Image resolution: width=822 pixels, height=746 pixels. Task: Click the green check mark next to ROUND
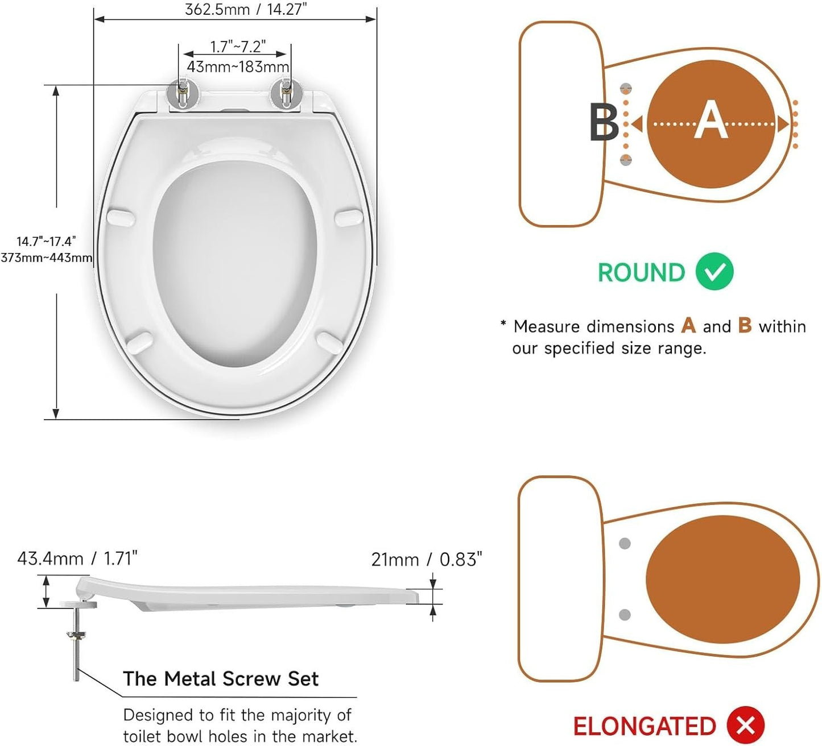[x=714, y=272]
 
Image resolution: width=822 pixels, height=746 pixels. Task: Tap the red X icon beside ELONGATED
[x=746, y=726]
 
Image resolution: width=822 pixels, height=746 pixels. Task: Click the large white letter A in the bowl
[x=711, y=121]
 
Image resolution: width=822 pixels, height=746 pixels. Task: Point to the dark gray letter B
[x=604, y=122]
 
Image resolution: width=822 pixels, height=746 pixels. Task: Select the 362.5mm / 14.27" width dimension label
[x=246, y=10]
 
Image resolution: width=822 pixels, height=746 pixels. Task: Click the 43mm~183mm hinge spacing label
[x=238, y=67]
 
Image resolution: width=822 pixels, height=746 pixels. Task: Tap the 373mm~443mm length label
[x=47, y=258]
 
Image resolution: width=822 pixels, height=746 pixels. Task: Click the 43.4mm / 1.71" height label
[x=77, y=558]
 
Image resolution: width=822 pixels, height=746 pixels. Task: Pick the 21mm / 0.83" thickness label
[x=427, y=559]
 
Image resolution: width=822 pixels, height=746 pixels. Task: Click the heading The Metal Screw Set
[x=221, y=678]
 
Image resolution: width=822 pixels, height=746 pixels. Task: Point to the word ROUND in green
[x=641, y=272]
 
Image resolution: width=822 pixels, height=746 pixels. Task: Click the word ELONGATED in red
[x=644, y=726]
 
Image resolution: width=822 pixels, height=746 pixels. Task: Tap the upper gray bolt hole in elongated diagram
[x=625, y=544]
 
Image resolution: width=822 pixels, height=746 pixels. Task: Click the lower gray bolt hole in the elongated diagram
[x=625, y=615]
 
